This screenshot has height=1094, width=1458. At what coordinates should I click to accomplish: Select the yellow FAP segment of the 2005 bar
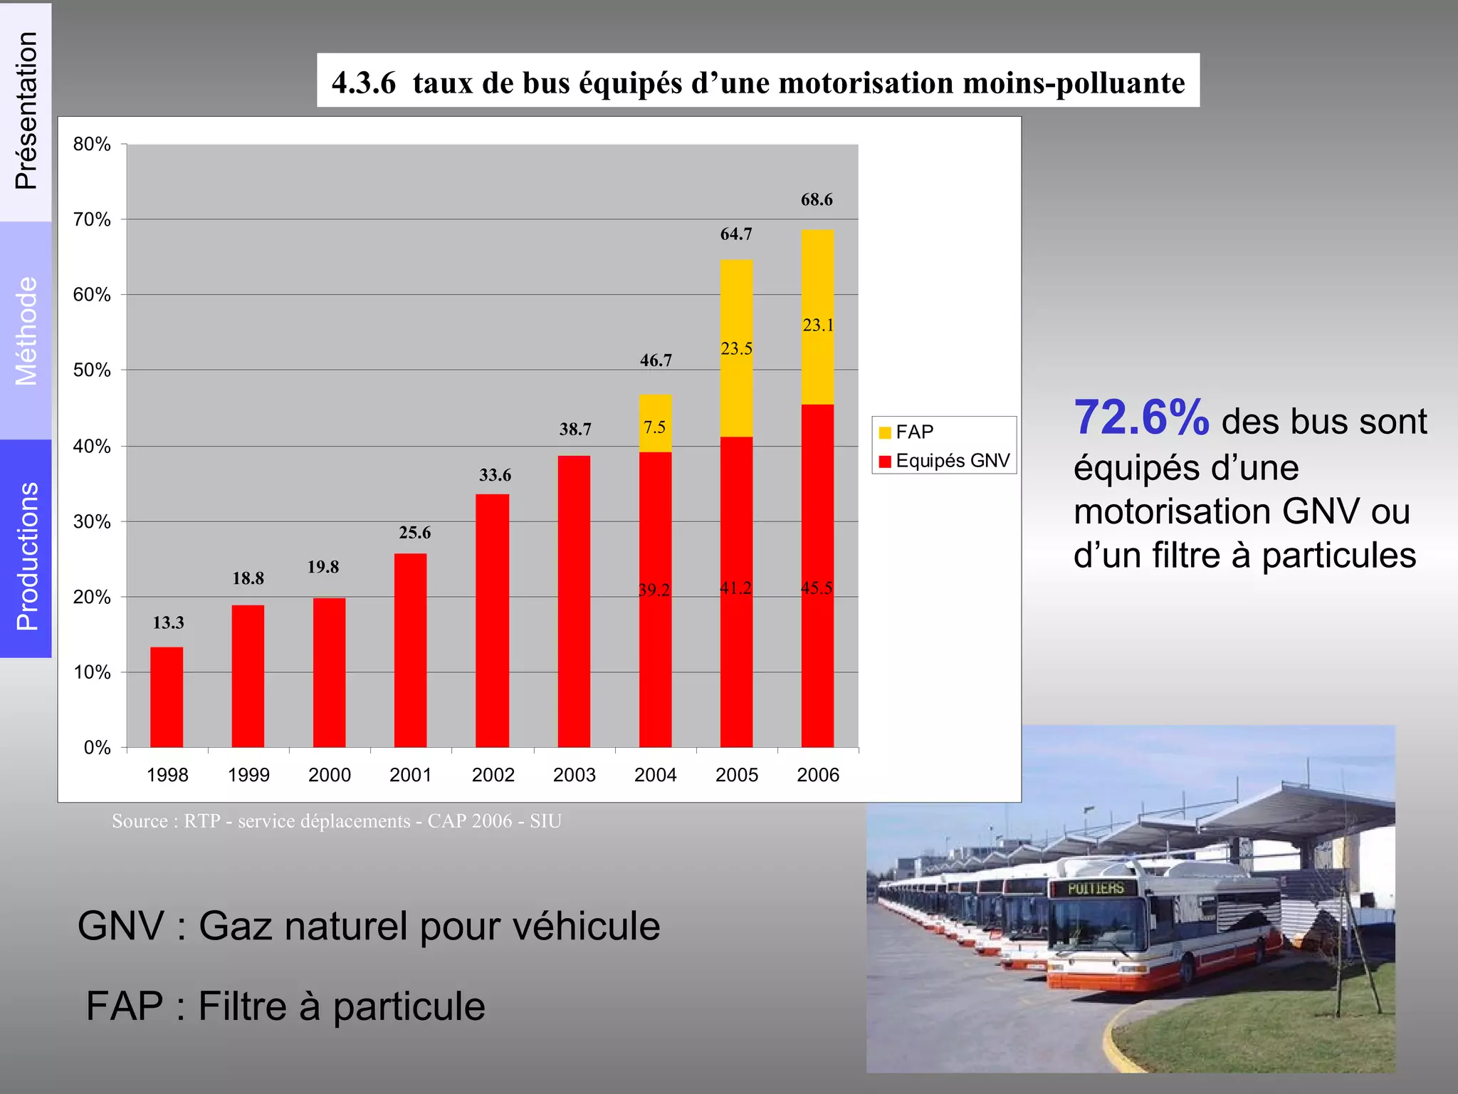click(736, 348)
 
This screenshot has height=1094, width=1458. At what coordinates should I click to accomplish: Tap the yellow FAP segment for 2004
click(655, 423)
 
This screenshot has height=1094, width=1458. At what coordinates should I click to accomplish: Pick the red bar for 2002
click(492, 620)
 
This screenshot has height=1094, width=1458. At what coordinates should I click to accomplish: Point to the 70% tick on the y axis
click(92, 219)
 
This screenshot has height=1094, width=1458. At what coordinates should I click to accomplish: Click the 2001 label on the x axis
click(411, 775)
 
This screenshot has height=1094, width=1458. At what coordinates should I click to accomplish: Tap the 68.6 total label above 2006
click(817, 199)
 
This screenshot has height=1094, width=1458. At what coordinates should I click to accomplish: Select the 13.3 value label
click(168, 622)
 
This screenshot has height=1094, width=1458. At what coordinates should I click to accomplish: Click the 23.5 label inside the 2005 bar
click(736, 348)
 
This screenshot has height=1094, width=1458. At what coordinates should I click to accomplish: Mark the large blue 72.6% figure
click(1141, 418)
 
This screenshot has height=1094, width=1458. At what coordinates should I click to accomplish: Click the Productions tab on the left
click(26, 556)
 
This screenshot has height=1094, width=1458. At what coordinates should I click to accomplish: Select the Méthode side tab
click(26, 331)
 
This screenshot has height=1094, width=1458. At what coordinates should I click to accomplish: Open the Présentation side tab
click(26, 111)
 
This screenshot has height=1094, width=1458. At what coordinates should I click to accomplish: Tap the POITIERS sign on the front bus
click(1095, 888)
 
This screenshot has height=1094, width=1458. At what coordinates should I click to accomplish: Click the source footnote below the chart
click(337, 821)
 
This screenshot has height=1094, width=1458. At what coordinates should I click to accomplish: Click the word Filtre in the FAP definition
click(242, 1006)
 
